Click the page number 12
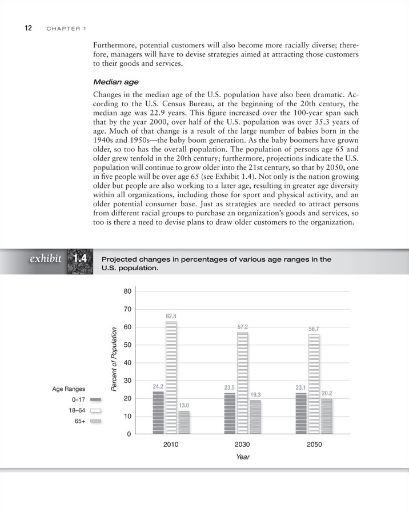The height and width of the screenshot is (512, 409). click(27, 28)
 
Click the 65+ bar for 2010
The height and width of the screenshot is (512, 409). click(184, 422)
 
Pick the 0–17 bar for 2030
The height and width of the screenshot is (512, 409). click(230, 413)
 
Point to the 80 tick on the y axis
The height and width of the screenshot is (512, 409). click(127, 291)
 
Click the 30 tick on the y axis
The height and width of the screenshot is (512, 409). click(127, 381)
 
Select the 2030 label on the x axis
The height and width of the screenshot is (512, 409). click(242, 444)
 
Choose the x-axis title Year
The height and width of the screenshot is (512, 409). click(243, 457)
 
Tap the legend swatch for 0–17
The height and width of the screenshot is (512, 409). click(96, 400)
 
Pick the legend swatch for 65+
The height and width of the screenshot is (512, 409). click(96, 421)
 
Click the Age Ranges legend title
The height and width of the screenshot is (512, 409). click(69, 389)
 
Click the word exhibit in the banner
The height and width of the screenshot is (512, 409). click(45, 259)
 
